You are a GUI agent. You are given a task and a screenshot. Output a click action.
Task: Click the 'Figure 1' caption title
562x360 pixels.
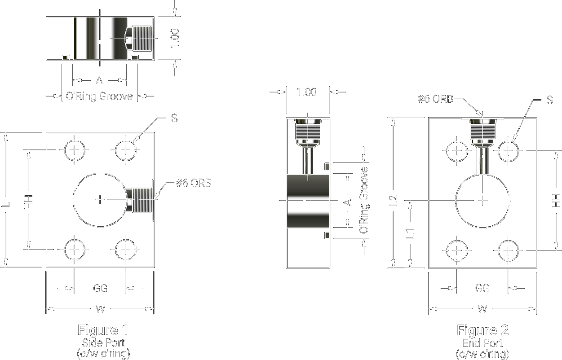click(103, 330)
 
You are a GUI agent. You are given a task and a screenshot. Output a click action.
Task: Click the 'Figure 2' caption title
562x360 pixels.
click(482, 330)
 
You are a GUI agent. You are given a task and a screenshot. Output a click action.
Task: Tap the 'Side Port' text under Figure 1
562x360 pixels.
click(103, 342)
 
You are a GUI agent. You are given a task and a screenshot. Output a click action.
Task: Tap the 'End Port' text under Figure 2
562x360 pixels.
click(482, 342)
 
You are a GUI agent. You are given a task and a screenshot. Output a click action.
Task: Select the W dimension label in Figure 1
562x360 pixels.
click(100, 309)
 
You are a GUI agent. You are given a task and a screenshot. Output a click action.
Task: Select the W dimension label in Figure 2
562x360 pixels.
click(482, 309)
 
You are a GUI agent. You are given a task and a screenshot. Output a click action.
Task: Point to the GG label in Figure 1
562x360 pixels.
click(100, 288)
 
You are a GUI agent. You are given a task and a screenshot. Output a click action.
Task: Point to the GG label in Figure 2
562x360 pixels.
click(482, 288)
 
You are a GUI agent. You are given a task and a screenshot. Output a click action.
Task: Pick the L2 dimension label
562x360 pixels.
click(394, 200)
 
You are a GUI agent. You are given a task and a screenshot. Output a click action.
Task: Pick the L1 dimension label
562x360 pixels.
click(410, 233)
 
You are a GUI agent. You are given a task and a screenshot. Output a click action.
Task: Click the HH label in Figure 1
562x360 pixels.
click(29, 202)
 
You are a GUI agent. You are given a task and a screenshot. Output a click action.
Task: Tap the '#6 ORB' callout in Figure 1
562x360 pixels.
click(194, 183)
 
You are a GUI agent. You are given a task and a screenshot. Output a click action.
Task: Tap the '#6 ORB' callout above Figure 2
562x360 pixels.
click(436, 99)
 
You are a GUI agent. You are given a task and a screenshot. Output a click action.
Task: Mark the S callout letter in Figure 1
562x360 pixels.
click(174, 118)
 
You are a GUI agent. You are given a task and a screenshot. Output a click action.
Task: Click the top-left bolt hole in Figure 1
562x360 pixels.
click(75, 150)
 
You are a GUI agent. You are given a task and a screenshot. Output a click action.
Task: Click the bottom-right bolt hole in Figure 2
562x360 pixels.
click(508, 250)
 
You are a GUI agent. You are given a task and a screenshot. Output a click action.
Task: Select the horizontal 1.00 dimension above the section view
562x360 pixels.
click(306, 92)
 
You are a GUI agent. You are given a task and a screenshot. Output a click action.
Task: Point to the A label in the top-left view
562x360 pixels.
click(99, 80)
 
